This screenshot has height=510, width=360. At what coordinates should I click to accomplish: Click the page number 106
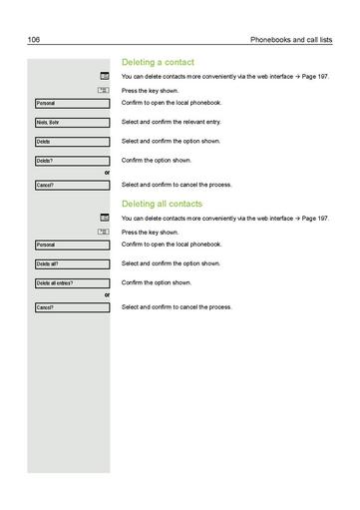tap(32, 39)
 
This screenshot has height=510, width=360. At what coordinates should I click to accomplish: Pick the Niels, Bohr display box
tap(71, 122)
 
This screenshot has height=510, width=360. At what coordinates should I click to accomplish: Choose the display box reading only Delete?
tap(71, 161)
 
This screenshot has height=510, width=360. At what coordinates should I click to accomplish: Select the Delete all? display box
tap(71, 263)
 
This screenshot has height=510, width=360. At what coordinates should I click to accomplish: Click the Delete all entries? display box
tap(71, 282)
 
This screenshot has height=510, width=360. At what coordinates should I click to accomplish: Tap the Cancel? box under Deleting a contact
tap(71, 185)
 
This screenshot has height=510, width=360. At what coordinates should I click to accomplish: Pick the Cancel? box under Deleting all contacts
tap(71, 307)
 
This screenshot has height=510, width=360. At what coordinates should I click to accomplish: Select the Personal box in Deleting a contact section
tap(71, 103)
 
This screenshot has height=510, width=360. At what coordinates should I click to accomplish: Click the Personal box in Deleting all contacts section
tap(71, 245)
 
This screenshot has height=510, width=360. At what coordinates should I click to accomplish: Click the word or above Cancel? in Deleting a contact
tap(107, 173)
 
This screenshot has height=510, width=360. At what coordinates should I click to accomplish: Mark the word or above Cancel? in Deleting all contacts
tap(107, 295)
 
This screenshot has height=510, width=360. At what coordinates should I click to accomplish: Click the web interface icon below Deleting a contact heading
tap(104, 76)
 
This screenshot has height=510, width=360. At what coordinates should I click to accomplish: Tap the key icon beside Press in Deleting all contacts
tap(104, 232)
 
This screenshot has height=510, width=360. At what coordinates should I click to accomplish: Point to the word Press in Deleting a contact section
tap(129, 90)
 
